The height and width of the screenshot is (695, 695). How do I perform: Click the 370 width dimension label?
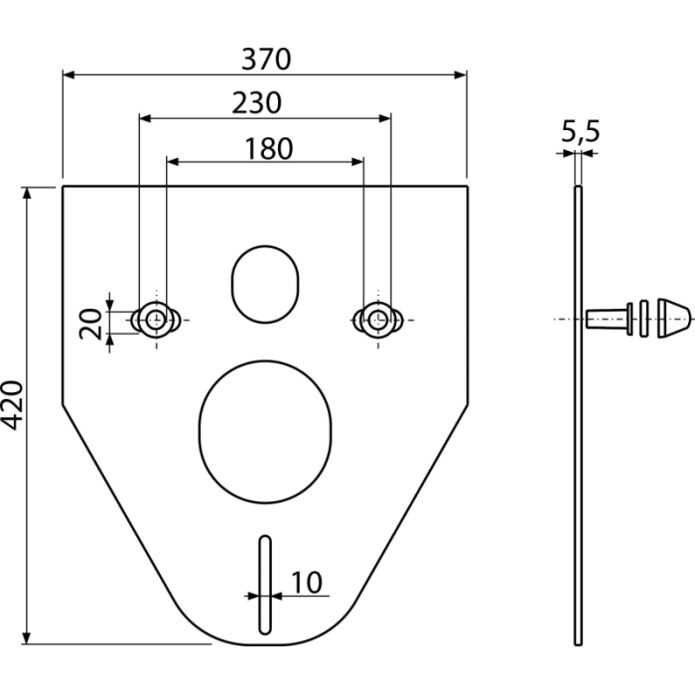point(266,59)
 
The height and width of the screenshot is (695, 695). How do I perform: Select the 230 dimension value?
point(256,103)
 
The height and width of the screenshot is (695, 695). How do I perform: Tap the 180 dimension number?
point(269,149)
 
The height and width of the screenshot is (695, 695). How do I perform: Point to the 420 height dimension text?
point(12,405)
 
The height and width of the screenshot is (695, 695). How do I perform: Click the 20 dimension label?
point(90,324)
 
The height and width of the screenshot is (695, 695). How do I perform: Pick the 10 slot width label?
point(307,583)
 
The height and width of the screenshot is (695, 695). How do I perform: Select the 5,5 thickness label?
point(580,132)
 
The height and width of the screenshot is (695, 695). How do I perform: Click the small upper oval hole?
point(265,285)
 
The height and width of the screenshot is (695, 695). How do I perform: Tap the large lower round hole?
point(265,432)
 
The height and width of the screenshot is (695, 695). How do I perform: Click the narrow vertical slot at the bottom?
point(265,586)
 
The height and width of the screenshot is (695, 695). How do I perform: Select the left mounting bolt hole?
point(155,320)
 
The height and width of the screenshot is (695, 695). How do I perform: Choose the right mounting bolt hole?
point(377,320)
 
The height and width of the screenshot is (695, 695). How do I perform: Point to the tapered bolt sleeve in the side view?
point(609,319)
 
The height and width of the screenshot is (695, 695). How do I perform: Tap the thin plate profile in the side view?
point(578,416)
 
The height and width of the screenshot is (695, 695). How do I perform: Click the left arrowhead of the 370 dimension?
point(69,74)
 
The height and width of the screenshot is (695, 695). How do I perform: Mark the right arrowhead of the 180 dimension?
point(357,162)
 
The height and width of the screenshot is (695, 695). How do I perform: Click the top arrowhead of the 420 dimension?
point(27,193)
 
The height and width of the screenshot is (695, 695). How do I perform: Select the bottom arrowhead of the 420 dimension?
point(27,637)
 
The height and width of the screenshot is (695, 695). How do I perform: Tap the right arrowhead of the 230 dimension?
point(385,118)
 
